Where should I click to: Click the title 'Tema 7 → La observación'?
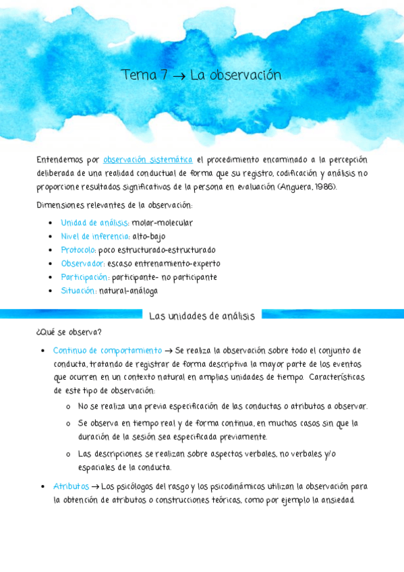pos(201,76)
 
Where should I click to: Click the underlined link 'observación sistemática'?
pos(148,160)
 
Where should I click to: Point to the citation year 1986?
pos(325,186)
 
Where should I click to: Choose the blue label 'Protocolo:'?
pos(78,250)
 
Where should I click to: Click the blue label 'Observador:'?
pos(82,263)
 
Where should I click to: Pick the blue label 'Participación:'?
pos(85,277)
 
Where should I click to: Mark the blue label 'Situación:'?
pos(78,291)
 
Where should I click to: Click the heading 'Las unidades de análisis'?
pos(202,316)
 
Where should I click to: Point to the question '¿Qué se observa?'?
pos(69,332)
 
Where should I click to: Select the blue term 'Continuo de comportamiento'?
pos(107,350)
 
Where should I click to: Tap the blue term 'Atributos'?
pos(71,486)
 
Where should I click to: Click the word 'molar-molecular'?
pos(163,223)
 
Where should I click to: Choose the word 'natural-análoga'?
pos(128,291)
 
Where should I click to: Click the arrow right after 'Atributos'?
pos(95,486)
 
